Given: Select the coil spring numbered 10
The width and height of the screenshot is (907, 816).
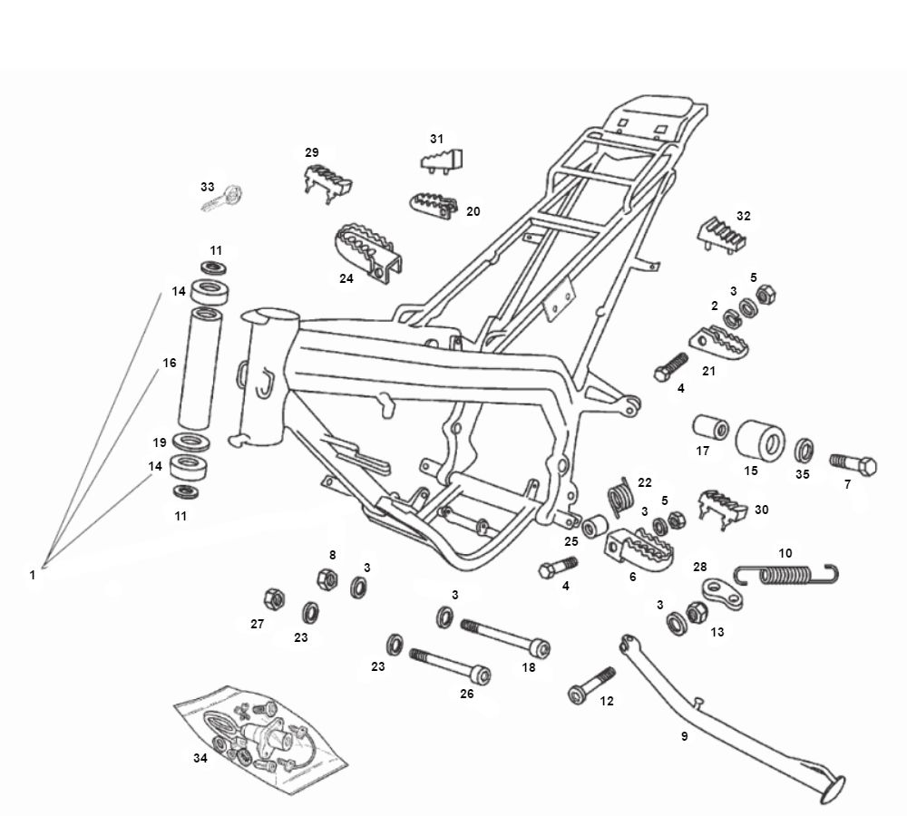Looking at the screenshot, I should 785,574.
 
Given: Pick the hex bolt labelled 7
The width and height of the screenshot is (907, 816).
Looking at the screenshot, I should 853,464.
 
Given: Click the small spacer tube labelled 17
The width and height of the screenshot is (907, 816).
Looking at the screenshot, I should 711,427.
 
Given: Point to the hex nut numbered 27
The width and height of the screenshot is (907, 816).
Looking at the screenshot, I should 272,598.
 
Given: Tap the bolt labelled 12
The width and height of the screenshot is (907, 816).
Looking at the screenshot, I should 591,685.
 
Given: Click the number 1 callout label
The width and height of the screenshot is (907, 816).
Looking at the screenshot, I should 33,575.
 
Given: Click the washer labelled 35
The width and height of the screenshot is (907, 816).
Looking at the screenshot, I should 804,451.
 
